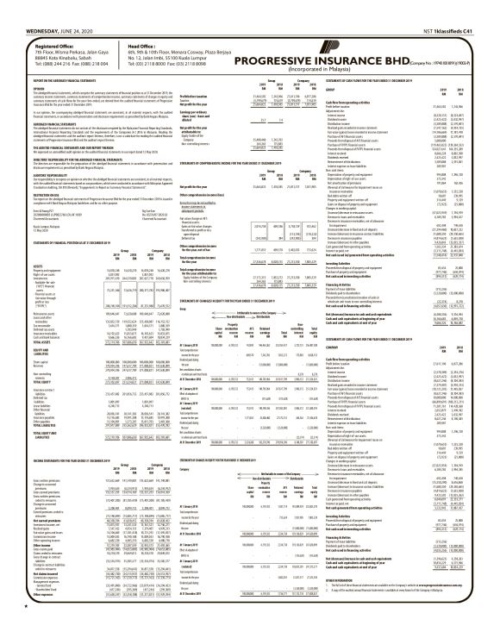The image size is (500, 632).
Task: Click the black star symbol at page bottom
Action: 6,623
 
